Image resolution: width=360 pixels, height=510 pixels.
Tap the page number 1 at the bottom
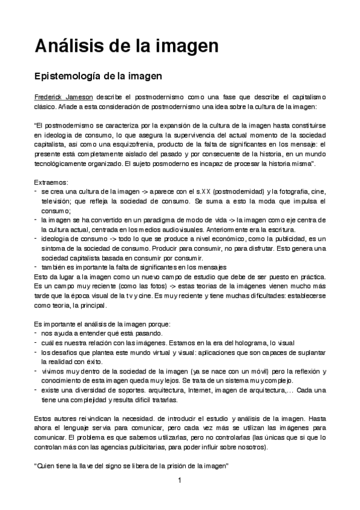coord(180,497)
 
